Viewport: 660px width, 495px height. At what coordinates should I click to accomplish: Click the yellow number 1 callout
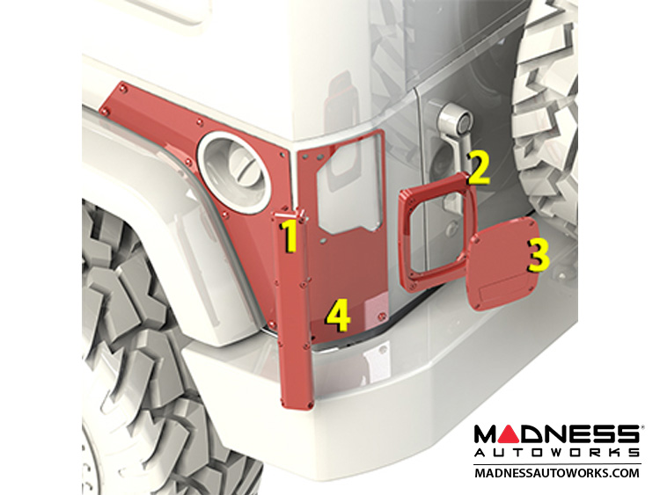coord(290,237)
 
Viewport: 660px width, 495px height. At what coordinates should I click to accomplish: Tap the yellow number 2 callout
coord(479,168)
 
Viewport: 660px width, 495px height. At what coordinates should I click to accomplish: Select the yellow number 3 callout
coord(539,255)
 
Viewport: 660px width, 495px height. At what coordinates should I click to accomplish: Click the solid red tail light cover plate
coord(502,265)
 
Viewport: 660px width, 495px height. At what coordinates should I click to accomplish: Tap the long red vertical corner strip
coord(294,309)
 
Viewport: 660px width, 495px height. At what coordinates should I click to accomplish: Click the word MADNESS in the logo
coord(556,434)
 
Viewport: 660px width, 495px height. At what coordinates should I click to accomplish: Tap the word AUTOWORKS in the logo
coord(556,453)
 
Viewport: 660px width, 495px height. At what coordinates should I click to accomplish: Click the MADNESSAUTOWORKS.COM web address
coord(556,473)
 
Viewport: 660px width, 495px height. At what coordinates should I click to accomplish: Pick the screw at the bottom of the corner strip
coord(311,404)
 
